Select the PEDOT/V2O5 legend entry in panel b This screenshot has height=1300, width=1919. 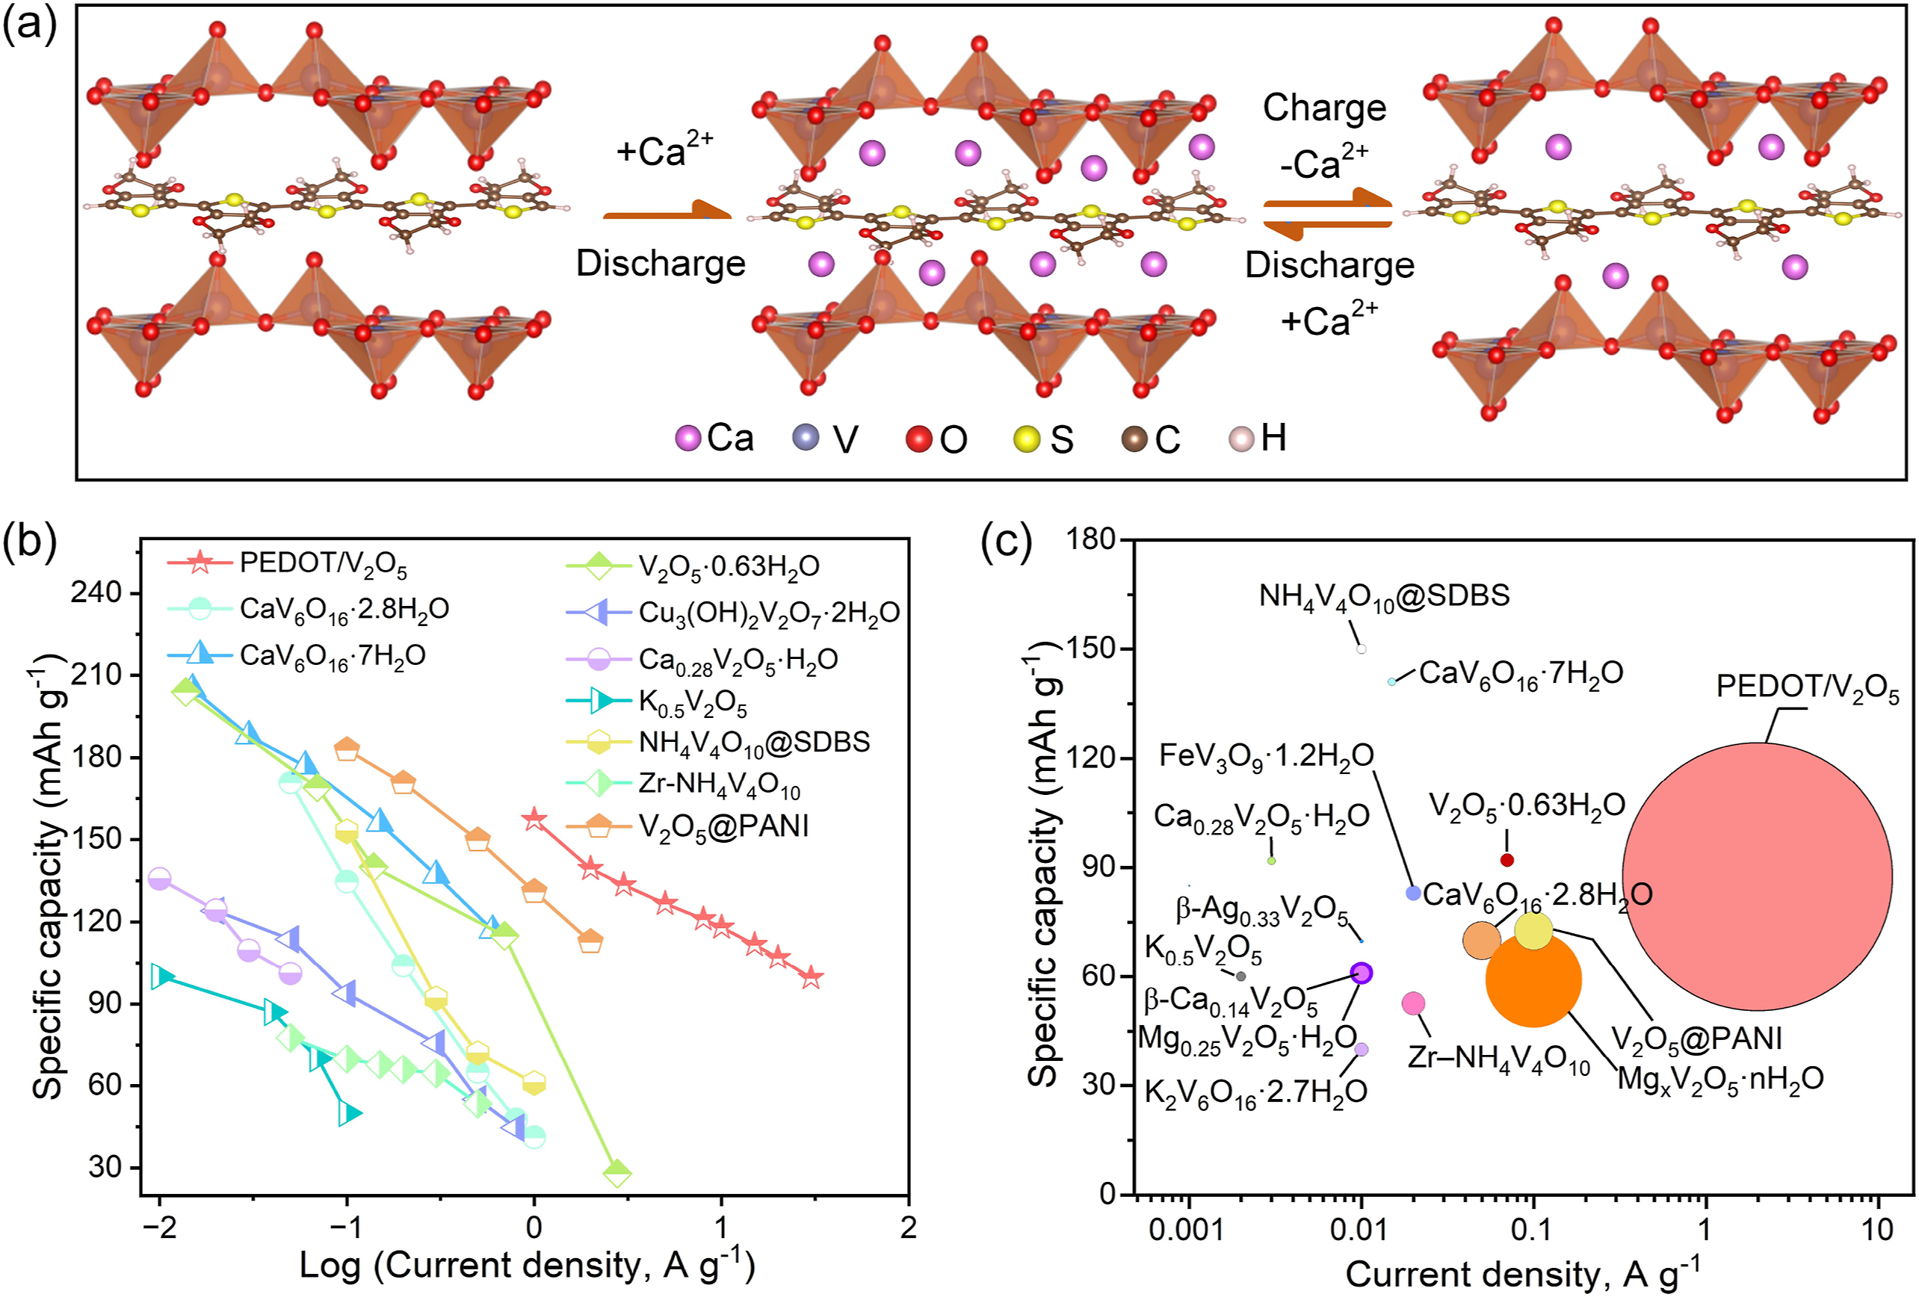pos(322,564)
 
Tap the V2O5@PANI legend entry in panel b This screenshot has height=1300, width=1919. pos(723,826)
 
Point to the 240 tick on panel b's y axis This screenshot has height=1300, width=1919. pos(97,592)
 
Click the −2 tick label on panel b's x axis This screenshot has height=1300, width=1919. pos(158,1228)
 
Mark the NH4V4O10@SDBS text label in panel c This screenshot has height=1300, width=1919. pos(1384,595)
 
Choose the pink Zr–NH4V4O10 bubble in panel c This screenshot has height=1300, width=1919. pos(1414,1003)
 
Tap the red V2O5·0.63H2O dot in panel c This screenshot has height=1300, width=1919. pos(1507,860)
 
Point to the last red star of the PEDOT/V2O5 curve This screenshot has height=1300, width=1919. pos(812,977)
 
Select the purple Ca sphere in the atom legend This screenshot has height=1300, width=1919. pos(687,439)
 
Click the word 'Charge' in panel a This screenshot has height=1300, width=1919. pos(1324,108)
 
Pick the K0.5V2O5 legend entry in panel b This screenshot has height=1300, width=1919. pos(692,702)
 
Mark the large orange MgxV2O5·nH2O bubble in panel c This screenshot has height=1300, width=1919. pos(1533,979)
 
